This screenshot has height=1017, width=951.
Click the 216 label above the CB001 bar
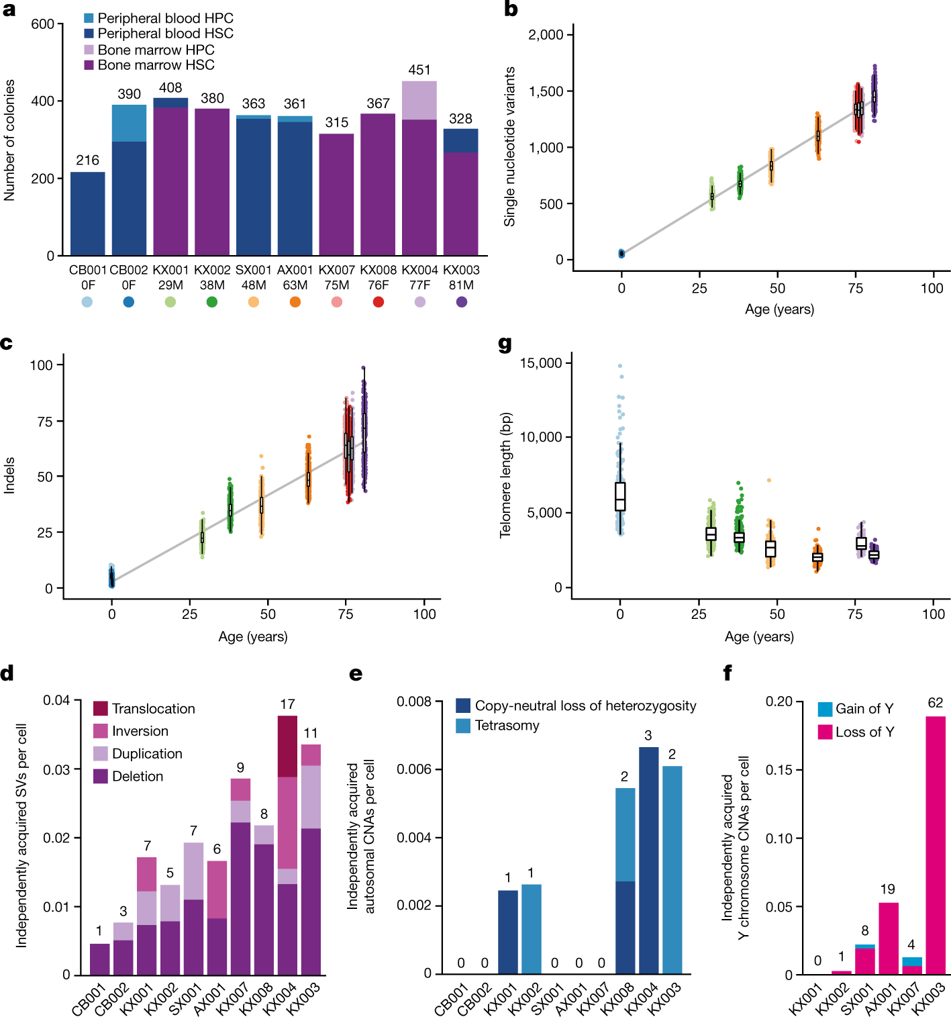87,160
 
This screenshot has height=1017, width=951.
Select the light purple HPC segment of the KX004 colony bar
419,101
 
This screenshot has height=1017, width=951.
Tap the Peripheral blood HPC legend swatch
89,18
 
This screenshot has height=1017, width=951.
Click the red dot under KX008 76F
379,302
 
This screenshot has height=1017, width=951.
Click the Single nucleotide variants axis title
510,146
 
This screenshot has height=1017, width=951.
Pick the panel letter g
505,344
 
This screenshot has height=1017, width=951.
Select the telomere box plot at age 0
620,497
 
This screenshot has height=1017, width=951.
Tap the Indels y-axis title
9,475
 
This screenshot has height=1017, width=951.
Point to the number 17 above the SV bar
287,704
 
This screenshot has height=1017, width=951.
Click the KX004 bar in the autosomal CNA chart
648,860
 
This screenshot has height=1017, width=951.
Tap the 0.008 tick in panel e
414,702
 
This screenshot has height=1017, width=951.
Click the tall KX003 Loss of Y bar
935,845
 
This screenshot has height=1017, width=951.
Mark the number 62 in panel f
935,703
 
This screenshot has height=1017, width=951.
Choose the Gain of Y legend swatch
825,709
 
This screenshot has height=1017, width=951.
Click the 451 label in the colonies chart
419,70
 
